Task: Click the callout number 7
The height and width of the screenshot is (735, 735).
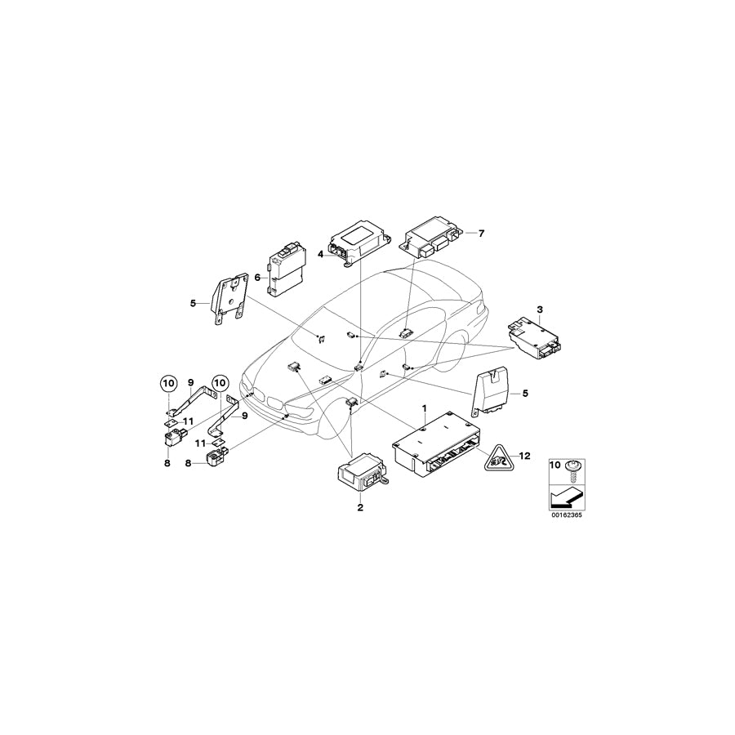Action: tap(482, 234)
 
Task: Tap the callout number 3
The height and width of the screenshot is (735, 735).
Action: tap(539, 309)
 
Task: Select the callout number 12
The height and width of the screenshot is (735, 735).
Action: tap(525, 456)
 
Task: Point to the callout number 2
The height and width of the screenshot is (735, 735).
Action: tap(359, 507)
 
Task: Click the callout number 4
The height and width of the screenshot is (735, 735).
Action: tap(321, 254)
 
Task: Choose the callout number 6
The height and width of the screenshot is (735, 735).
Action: tap(258, 278)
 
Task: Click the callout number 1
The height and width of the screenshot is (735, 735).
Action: tap(424, 406)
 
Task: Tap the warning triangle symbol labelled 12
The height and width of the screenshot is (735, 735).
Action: tap(497, 461)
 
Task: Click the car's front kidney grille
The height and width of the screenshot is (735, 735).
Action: tap(275, 402)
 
